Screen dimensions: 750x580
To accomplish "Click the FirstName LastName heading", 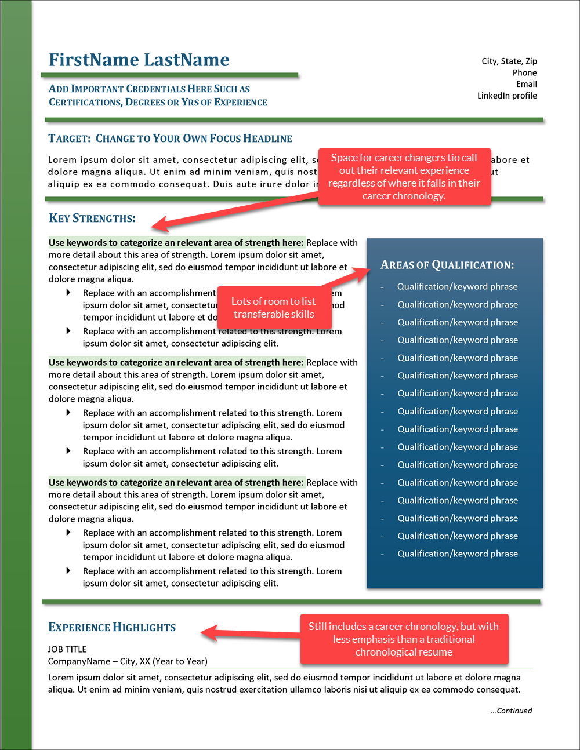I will point(139,60).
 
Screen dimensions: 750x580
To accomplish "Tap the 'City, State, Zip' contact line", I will point(509,61).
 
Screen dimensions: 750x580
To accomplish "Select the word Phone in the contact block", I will point(524,72).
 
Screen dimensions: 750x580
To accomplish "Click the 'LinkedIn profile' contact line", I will point(507,96).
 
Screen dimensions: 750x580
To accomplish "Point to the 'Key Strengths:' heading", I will point(92,219).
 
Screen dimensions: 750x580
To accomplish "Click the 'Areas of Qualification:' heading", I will point(447,265).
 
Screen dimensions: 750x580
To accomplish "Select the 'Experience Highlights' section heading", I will point(112,627).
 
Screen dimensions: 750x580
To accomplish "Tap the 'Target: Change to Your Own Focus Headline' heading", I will point(170,139).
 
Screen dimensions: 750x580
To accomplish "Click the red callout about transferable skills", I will point(274,308).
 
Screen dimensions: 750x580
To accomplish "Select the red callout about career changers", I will point(404,176).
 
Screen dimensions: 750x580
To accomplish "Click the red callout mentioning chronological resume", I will point(404,639).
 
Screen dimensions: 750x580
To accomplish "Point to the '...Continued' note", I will point(511,711).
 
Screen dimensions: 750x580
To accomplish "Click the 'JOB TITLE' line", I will point(67,649).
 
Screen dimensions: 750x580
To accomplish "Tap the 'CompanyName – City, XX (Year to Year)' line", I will point(128,661).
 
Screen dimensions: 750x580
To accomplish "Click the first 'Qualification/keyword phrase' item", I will point(457,286).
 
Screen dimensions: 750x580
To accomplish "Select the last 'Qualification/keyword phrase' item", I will point(457,554).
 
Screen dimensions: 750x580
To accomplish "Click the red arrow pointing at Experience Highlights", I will point(249,632).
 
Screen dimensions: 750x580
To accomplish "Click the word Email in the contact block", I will point(526,84).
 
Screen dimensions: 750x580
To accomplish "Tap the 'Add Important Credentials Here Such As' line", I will point(149,89).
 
